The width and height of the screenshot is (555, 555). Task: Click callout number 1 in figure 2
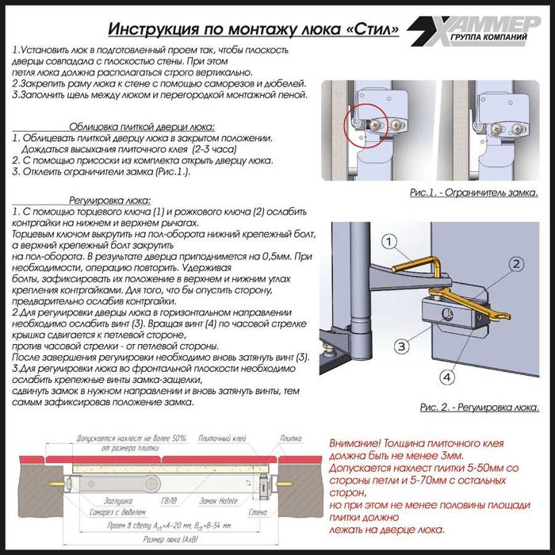click(388, 241)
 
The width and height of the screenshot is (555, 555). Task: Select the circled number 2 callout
click(516, 263)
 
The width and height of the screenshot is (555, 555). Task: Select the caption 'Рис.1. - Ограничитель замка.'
click(473, 193)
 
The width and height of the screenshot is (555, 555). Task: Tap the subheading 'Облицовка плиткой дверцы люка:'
click(142, 126)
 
